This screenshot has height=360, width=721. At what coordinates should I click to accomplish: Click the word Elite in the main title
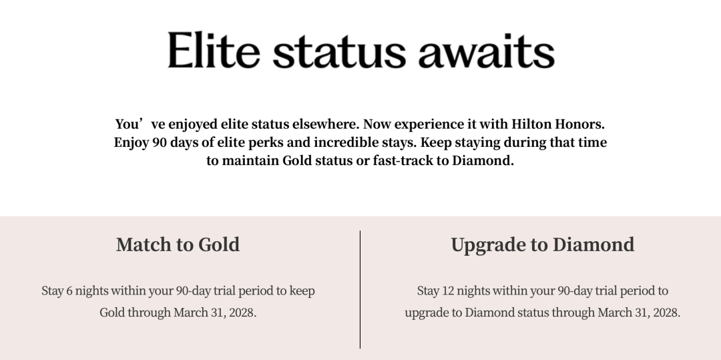[x=214, y=51]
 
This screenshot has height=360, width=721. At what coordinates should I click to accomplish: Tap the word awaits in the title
[x=486, y=51]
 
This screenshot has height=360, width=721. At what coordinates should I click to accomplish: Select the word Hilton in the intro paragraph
[x=531, y=124]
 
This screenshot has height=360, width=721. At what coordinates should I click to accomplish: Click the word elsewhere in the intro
[x=326, y=124]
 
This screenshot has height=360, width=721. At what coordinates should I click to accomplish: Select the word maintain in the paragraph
[x=250, y=161]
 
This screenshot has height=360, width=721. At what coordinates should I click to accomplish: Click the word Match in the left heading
[x=142, y=244]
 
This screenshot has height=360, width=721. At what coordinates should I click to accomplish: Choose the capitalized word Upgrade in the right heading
[x=488, y=245]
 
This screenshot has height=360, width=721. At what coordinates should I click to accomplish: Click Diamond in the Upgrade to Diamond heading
[x=593, y=244]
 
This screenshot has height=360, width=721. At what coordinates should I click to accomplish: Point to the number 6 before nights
[x=69, y=291]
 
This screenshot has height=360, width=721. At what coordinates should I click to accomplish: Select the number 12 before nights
[x=447, y=291]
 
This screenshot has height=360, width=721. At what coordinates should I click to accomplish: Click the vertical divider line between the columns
[x=360, y=289]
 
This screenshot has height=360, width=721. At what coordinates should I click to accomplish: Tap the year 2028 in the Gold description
[x=241, y=313]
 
